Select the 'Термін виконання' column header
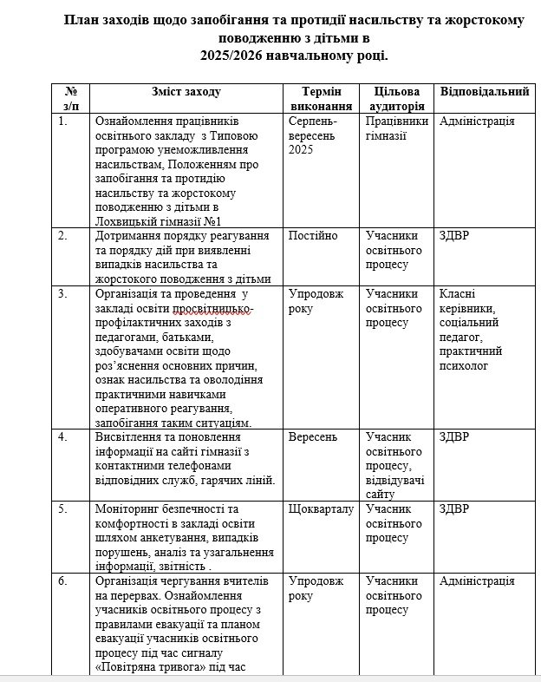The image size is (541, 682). click(320, 99)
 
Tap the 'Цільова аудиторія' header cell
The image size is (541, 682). click(397, 99)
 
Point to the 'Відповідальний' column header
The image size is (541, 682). click(485, 91)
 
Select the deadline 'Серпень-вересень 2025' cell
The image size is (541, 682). click(315, 135)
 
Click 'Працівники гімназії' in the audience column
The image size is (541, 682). click(397, 128)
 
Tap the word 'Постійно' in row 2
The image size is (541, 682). click(313, 236)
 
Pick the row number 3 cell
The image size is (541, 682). click(62, 293)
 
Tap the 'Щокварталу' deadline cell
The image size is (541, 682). click(321, 508)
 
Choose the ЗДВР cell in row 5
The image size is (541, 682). click(454, 508)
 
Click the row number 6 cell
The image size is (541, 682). click(62, 580)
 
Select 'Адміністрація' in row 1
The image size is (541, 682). click(477, 121)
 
